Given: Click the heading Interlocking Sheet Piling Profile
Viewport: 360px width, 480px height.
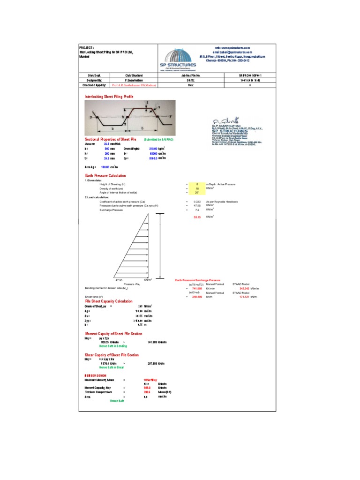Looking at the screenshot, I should click(x=109, y=97).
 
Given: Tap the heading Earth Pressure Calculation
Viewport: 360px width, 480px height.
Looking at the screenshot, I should click(x=105, y=175).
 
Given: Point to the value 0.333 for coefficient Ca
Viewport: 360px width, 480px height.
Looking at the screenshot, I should click(x=197, y=201).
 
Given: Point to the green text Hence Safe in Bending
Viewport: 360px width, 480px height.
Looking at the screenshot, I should click(x=113, y=346).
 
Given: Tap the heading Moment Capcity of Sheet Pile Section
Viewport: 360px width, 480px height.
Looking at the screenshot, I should click(x=113, y=333).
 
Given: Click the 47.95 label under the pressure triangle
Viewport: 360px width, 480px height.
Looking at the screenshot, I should click(x=119, y=280).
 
